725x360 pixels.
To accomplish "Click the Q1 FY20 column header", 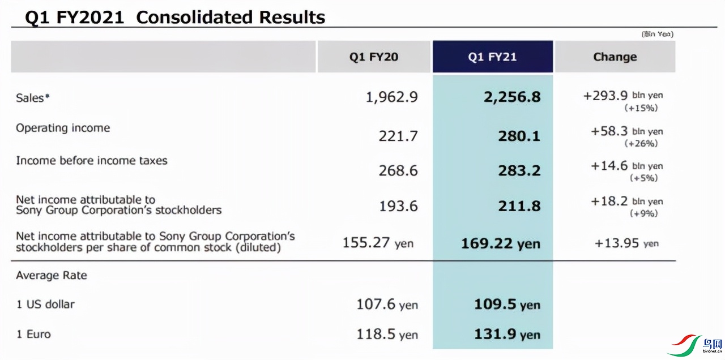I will [x=373, y=57].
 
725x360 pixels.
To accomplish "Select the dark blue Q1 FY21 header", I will [x=492, y=57].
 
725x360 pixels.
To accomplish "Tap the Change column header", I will [x=615, y=57].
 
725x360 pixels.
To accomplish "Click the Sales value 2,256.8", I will [x=512, y=97].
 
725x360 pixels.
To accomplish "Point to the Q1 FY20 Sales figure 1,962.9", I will [x=392, y=97].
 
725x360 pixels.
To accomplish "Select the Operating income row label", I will [x=63, y=128].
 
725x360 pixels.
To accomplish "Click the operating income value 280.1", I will [x=519, y=136].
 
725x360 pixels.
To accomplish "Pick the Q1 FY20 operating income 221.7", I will [x=398, y=136].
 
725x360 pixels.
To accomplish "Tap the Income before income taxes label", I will [x=92, y=161].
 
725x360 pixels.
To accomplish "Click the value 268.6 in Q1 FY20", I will [x=398, y=170].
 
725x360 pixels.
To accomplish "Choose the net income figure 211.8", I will [x=519, y=206].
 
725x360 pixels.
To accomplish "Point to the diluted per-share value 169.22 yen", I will [x=500, y=243].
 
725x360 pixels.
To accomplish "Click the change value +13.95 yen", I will [x=626, y=243].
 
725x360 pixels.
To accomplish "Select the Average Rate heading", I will [x=52, y=276].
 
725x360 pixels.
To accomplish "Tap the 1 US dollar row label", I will [x=45, y=304].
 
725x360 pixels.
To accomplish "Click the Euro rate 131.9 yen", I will [x=507, y=334].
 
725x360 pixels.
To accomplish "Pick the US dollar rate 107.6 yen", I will [x=387, y=305].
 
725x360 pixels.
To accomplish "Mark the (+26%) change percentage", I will [x=641, y=144].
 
